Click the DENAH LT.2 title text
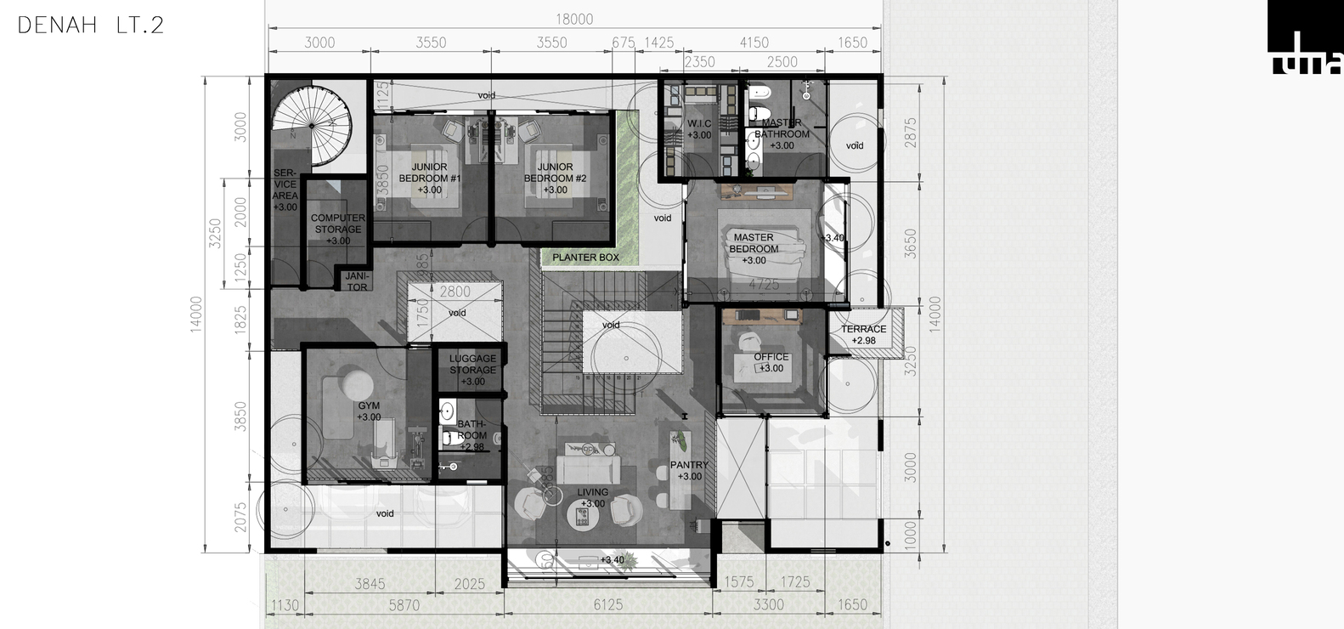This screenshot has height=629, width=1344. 90,25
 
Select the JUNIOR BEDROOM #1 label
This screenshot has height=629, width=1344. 429,178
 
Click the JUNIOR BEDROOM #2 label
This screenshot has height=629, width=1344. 555,178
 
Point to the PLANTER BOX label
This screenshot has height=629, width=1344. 585,258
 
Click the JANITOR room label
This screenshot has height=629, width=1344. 357,281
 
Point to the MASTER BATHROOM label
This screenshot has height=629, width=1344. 782,133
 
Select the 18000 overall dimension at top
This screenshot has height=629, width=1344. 574,20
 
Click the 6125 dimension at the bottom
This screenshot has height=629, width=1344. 607,604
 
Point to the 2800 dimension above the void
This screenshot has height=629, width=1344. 455,292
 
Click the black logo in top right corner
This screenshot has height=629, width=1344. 1304,37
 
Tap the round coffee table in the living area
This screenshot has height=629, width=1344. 583,515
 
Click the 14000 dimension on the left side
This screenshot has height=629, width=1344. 196,314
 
